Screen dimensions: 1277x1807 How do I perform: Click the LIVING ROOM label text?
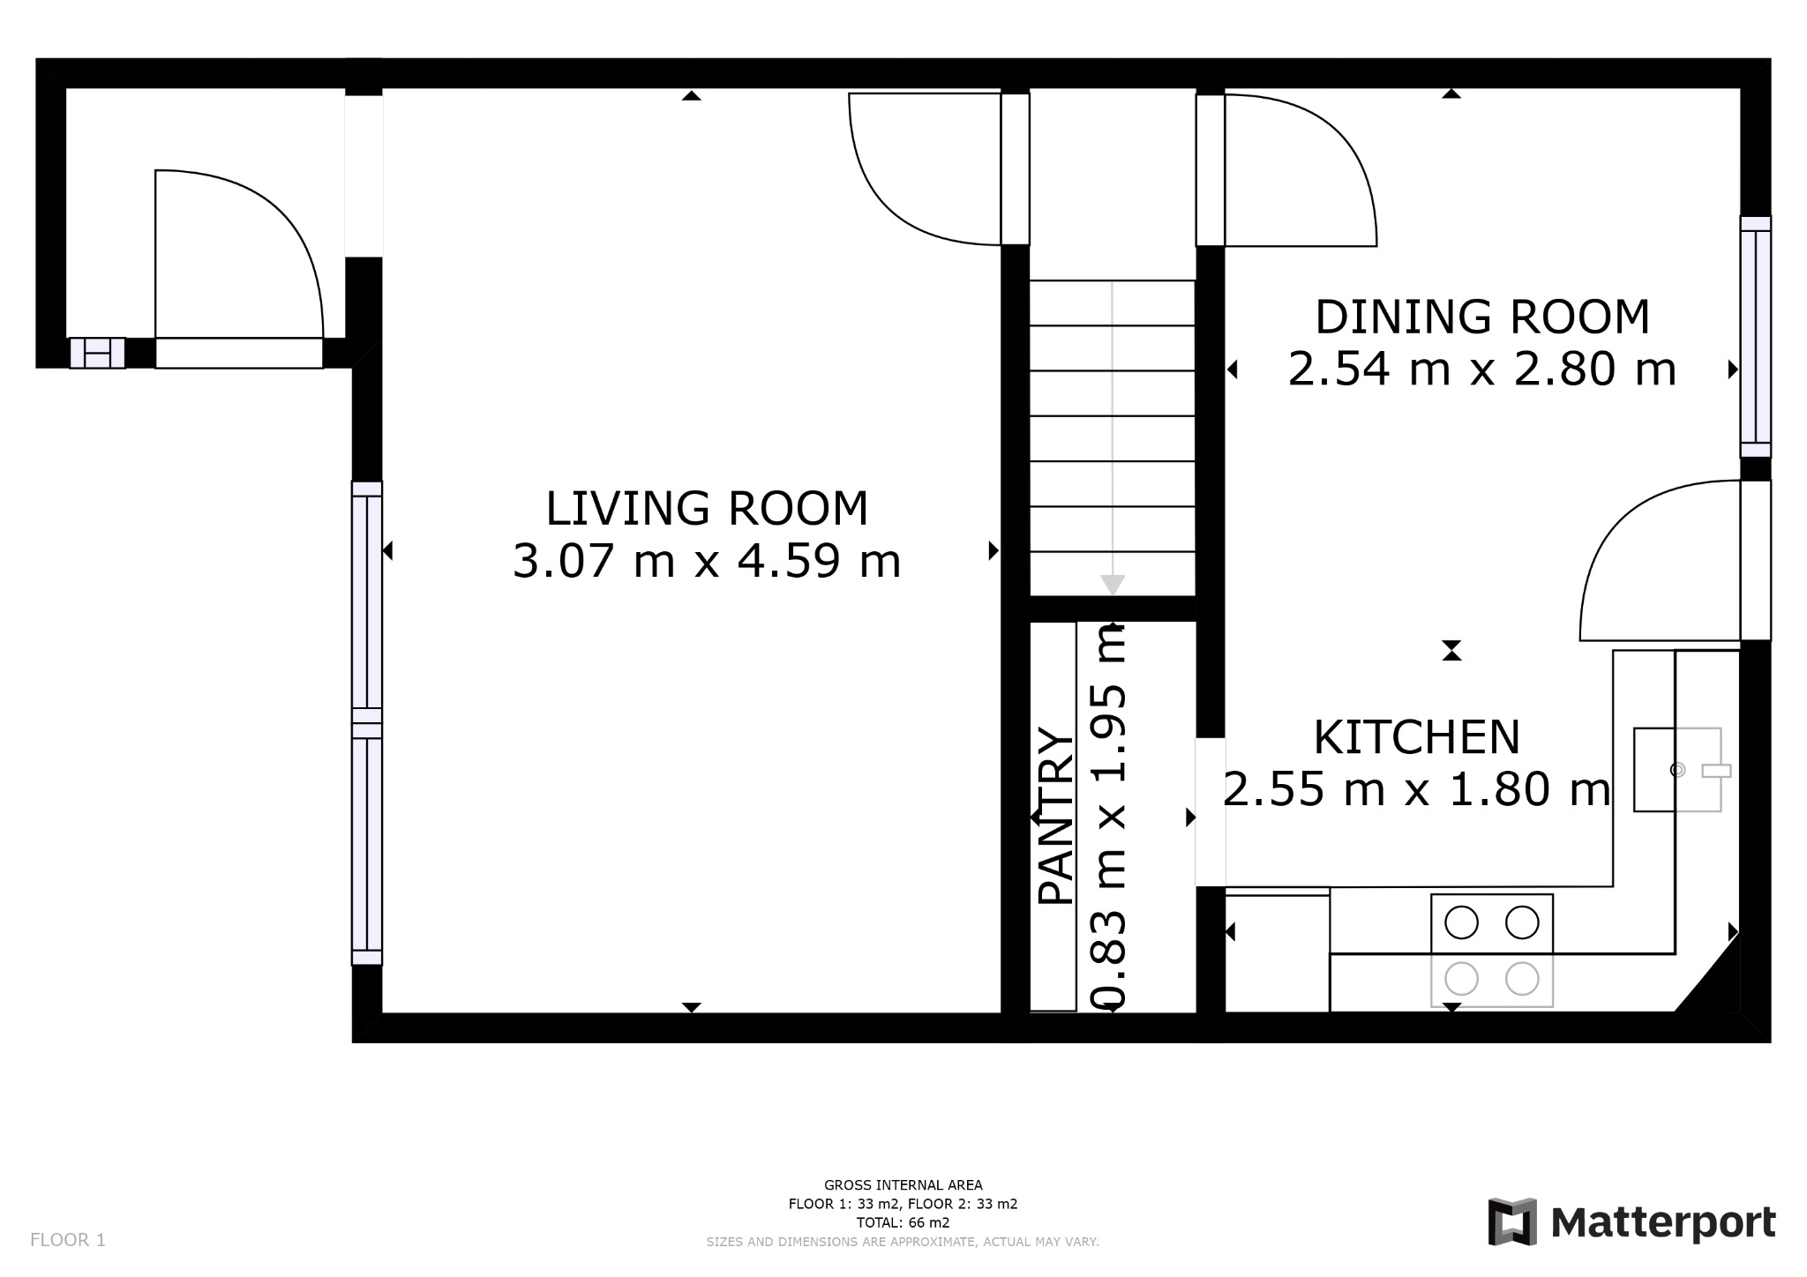click(707, 509)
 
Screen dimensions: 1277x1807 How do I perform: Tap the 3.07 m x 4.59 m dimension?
click(707, 561)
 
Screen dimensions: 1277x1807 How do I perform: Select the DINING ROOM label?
click(1481, 317)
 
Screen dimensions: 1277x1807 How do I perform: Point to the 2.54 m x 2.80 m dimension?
click(1481, 370)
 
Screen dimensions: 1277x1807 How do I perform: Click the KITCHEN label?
click(1416, 737)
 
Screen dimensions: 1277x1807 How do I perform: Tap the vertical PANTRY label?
click(1055, 816)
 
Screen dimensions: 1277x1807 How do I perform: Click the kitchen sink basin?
click(1676, 769)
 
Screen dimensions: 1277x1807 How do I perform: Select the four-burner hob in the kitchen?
click(1491, 950)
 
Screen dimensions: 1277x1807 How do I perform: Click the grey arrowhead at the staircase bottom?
click(1113, 585)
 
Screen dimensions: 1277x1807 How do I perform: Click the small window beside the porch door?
click(97, 353)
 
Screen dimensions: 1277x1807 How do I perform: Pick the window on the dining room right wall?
click(1755, 337)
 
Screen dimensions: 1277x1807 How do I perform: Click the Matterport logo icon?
click(1511, 1221)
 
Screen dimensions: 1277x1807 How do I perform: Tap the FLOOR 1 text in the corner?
click(68, 1240)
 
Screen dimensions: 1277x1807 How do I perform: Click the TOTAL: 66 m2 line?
click(903, 1222)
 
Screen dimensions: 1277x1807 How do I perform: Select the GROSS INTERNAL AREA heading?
click(903, 1185)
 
